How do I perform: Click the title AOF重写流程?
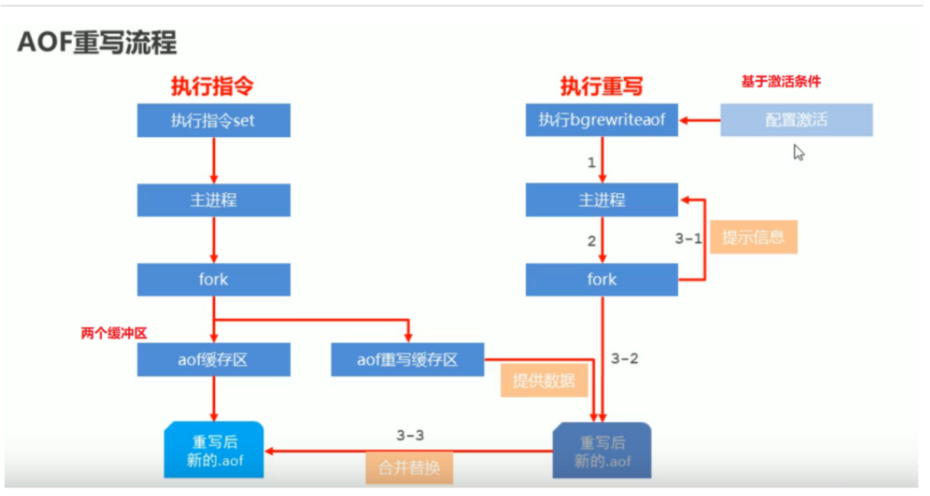[97, 43]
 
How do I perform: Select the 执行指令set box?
[214, 121]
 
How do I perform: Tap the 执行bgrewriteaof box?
[602, 121]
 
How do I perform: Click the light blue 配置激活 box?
[796, 121]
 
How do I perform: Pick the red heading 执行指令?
[211, 86]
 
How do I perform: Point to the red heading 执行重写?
[601, 86]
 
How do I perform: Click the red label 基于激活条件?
[781, 81]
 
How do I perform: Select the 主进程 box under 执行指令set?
[214, 201]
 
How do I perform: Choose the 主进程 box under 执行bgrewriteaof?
[602, 201]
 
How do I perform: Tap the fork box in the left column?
[214, 279]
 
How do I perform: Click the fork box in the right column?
[602, 279]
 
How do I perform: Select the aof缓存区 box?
[214, 359]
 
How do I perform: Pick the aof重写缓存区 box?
[407, 359]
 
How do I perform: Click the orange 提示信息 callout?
[753, 237]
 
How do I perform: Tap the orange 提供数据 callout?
[543, 380]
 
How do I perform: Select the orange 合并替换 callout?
[410, 467]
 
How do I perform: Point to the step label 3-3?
[410, 436]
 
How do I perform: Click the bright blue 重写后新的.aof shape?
[214, 451]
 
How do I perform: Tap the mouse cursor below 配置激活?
[798, 152]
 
